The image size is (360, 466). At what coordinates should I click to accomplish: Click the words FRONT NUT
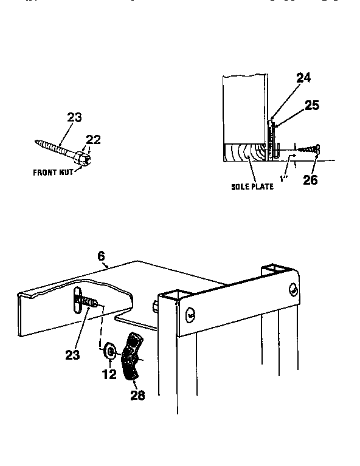52,172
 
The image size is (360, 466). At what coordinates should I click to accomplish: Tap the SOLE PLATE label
252,187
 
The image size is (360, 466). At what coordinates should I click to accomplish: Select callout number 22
93,140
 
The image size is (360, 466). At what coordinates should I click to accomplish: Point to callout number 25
311,105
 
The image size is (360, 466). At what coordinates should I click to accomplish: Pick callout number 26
310,180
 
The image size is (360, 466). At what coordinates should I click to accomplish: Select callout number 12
109,375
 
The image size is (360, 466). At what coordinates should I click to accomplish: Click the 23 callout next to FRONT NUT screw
74,117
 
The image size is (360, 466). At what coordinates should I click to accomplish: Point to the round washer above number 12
111,351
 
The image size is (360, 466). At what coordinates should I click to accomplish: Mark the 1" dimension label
283,178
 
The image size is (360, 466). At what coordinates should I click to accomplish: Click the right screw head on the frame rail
294,290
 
